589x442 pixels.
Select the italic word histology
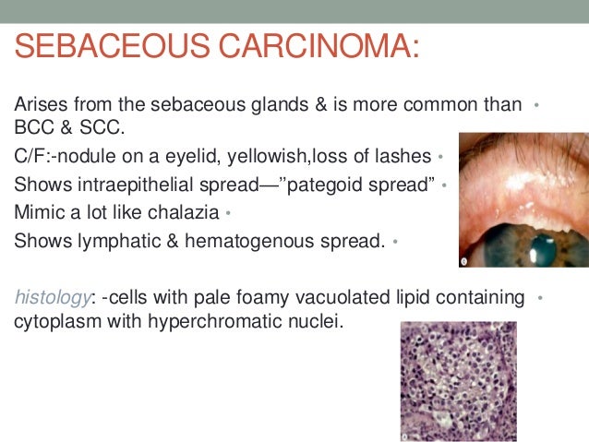[52, 298]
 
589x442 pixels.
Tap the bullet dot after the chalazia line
[227, 216]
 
